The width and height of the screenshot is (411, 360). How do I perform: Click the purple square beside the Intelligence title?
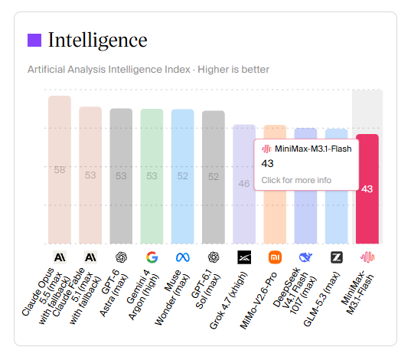[34, 40]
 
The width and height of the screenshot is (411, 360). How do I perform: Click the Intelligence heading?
[97, 40]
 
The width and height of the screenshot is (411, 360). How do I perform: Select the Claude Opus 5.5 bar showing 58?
[60, 170]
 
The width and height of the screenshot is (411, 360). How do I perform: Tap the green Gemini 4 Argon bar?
[152, 176]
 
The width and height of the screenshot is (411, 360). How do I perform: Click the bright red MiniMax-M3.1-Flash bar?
[367, 189]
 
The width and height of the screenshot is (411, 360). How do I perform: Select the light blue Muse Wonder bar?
[183, 176]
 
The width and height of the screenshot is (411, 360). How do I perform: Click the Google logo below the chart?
[152, 257]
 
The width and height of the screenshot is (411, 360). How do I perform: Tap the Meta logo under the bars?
[183, 257]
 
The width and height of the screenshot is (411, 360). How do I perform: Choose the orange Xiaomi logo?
[275, 257]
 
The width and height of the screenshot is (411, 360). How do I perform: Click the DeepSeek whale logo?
[305, 257]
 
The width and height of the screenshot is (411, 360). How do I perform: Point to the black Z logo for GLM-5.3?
[337, 257]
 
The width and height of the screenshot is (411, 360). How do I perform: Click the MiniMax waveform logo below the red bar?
[367, 257]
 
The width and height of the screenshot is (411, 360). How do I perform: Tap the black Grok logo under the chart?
[244, 257]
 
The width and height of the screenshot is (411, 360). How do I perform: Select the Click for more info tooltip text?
[296, 180]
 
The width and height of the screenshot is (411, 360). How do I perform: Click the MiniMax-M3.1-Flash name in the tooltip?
[313, 149]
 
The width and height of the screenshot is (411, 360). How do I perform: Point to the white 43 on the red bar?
[367, 189]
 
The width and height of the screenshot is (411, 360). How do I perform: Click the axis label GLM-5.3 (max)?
[321, 299]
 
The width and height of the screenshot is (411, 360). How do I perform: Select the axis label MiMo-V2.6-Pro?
[258, 300]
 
